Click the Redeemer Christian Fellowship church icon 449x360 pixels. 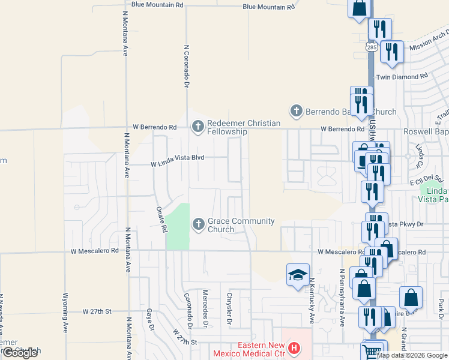197,127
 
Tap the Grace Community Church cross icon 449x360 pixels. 198,224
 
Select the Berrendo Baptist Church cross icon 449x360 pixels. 295,111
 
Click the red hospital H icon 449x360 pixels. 294,347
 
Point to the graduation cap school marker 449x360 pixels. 298,275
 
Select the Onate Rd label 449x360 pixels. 161,220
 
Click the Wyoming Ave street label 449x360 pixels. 65,312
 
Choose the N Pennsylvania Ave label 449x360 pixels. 341,297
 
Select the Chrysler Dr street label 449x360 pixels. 229,308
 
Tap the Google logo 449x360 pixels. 20,353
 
